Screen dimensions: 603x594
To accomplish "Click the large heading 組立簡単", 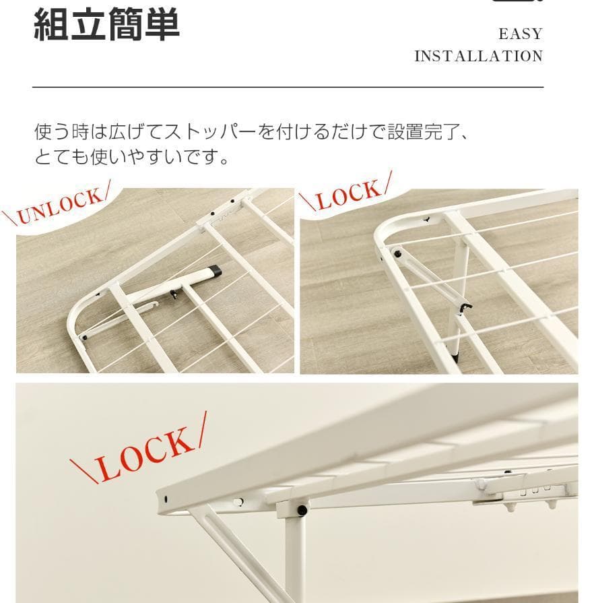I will coord(106,26).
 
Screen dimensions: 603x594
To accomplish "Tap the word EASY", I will coord(520,34).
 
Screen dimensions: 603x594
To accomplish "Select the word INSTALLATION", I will coord(478,56).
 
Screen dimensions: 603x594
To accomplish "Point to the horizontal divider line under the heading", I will coord(288,88).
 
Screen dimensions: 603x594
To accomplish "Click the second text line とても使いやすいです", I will coord(132,158).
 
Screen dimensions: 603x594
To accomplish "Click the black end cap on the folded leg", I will coord(215,272).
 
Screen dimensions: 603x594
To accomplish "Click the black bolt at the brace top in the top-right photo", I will coord(397,255).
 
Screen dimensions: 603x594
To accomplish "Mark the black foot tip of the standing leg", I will coord(456,352).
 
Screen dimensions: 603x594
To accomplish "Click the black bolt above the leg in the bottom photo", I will coord(301,510).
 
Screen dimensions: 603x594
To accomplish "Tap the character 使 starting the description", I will coord(42,131).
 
